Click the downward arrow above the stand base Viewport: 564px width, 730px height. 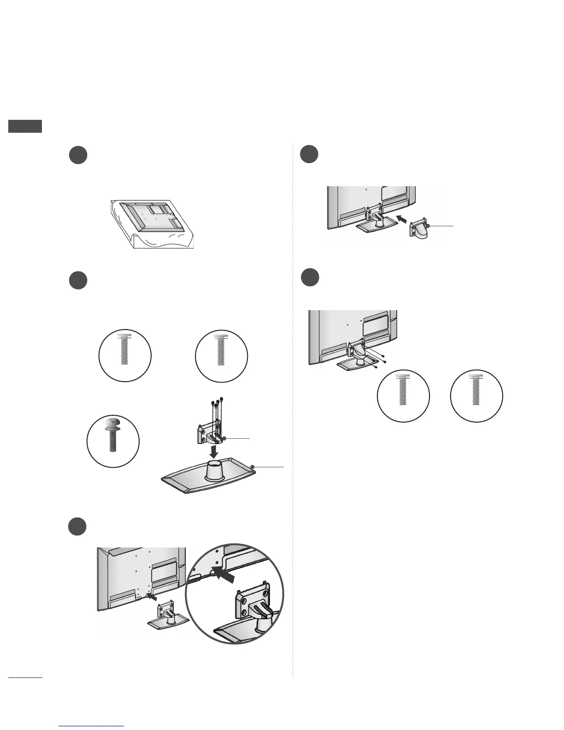click(213, 449)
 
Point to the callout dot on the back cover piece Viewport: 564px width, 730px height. click(428, 226)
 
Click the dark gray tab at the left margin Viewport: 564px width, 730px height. click(25, 126)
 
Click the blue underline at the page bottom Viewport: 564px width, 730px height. click(92, 726)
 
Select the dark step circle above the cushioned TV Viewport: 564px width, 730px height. click(78, 155)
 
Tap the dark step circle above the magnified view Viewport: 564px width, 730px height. click(78, 526)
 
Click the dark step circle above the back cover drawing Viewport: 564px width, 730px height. click(309, 154)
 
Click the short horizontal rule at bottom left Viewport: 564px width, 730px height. click(25, 678)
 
